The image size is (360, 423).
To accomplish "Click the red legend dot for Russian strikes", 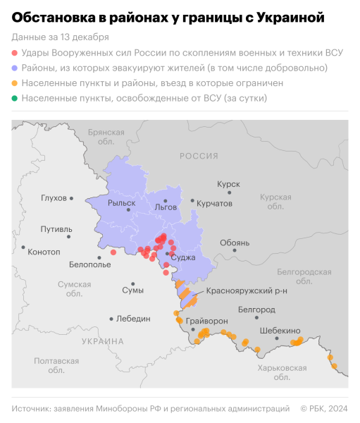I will pyautogui.click(x=15, y=53).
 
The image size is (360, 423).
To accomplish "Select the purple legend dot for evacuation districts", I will pyautogui.click(x=15, y=68).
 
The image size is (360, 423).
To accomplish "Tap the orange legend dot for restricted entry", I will pyautogui.click(x=15, y=83).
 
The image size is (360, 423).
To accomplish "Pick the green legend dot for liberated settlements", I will pyautogui.click(x=15, y=99).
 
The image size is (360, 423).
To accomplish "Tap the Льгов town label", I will pyautogui.click(x=166, y=207).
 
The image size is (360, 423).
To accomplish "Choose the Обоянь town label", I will pyautogui.click(x=235, y=243).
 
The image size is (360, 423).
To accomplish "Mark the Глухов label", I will pyautogui.click(x=54, y=198).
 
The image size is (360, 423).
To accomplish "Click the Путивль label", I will pyautogui.click(x=56, y=229).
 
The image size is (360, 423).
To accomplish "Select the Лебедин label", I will pyautogui.click(x=134, y=319).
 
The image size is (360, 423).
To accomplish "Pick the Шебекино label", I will pyautogui.click(x=280, y=331).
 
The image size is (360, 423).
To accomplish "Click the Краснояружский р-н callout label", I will pyautogui.click(x=247, y=290).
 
